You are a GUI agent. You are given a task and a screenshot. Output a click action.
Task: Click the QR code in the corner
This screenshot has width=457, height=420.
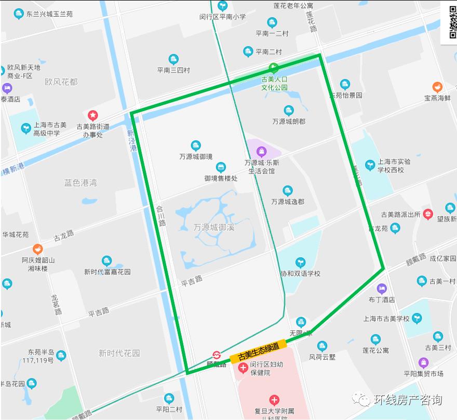449,22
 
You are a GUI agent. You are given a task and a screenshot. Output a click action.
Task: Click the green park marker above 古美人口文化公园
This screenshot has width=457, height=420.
273,67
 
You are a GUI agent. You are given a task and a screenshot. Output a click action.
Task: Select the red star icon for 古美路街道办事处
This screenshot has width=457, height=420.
93,115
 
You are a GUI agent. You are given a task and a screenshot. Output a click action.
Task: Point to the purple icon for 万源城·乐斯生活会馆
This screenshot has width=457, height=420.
261,151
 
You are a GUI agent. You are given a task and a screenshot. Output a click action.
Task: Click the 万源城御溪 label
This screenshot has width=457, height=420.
213,227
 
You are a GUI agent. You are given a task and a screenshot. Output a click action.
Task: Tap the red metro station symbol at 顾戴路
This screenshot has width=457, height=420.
217,355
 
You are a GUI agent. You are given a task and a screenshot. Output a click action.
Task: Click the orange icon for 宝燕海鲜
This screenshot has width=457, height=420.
437,87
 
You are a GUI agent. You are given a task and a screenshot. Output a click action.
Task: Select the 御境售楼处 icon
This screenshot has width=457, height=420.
221,167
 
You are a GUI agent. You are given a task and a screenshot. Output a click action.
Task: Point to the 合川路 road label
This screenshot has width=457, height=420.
161,215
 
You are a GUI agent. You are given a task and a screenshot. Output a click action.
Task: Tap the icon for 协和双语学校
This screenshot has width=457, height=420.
300,262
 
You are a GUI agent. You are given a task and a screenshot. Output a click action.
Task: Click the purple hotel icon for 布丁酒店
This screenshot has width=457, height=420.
382,288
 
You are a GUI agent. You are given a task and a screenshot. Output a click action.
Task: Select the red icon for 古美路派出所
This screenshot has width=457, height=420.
428,213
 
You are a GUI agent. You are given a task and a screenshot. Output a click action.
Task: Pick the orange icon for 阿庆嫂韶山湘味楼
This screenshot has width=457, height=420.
37,249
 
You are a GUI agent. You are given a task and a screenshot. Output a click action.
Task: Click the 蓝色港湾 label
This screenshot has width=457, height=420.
80,183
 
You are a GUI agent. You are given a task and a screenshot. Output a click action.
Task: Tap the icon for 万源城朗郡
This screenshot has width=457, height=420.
289,110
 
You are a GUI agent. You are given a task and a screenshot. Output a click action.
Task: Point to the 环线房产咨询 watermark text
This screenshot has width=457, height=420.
408,400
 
